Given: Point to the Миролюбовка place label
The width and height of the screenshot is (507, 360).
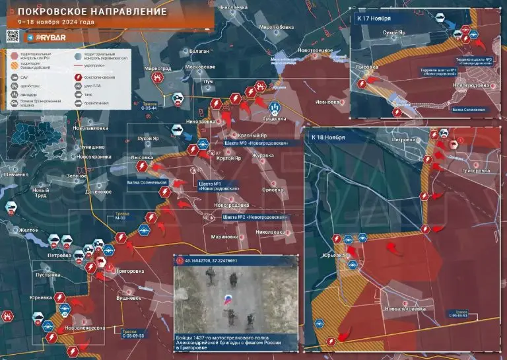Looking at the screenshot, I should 276,27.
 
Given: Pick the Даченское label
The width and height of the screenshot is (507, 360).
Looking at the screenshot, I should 97,192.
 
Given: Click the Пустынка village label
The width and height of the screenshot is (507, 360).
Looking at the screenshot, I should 49,273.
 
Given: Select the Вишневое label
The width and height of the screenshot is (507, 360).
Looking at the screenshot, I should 129,297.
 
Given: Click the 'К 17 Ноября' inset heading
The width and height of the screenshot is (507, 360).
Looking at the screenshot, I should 374,18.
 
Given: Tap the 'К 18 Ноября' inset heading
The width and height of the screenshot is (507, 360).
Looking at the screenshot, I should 329,137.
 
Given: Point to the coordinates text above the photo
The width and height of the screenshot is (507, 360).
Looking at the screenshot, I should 211,261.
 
